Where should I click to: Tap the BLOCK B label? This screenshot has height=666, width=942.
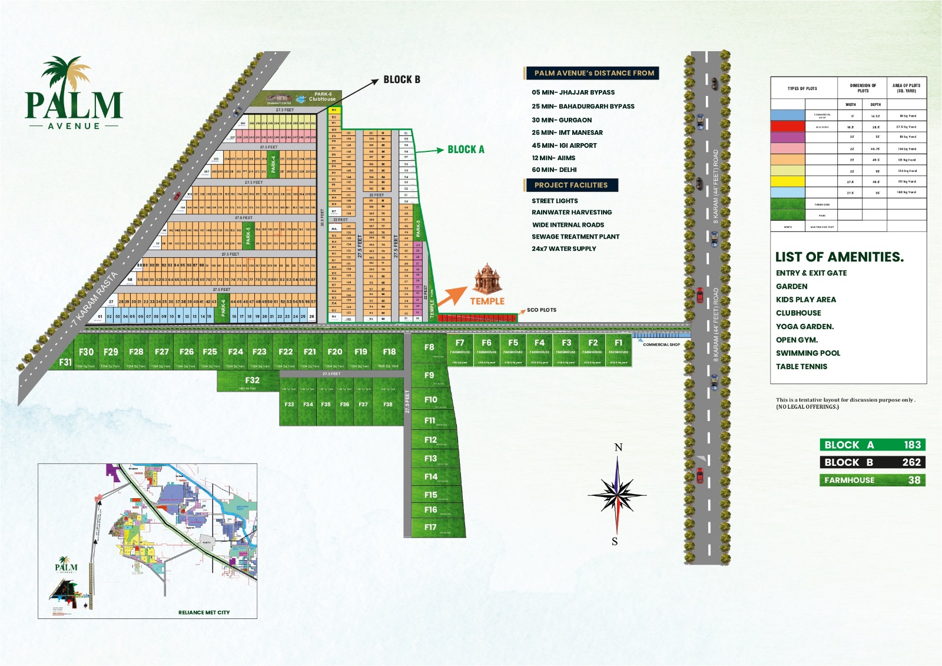click(402, 79)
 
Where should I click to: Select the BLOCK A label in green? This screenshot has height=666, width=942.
click(466, 150)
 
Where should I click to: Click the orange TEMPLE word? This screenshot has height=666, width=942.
click(487, 301)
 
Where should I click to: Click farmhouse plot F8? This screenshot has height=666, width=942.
click(429, 347)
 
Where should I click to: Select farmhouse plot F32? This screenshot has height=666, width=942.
click(252, 380)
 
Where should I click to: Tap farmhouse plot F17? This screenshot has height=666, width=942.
click(431, 527)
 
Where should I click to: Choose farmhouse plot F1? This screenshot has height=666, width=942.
click(618, 343)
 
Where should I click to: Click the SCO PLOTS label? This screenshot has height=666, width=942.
click(541, 310)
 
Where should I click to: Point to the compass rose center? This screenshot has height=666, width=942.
click(617, 493)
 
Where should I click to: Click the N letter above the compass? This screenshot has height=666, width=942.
click(618, 448)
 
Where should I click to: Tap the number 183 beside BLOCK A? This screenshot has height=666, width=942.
click(912, 445)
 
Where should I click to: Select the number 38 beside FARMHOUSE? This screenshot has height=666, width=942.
click(914, 480)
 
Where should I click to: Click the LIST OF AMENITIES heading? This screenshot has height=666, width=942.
click(839, 257)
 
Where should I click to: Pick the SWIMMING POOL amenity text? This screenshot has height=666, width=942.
click(808, 353)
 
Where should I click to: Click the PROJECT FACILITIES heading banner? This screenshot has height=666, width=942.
click(570, 185)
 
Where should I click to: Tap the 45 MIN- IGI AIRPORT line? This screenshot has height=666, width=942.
click(564, 145)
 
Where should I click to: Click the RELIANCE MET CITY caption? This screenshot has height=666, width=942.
click(204, 612)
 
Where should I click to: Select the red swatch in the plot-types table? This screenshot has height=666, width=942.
click(787, 127)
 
